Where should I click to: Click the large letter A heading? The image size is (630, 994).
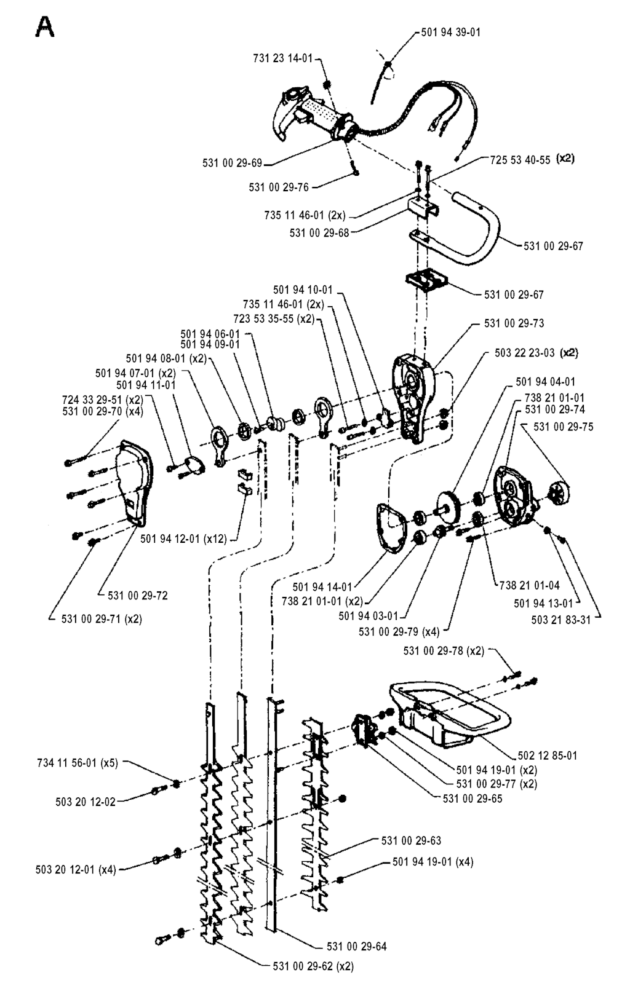[44, 27]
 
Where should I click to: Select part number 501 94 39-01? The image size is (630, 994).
[451, 32]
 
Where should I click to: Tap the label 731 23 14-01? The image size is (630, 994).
[282, 58]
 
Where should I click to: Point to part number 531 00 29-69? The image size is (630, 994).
[232, 163]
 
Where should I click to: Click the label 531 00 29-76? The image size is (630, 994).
[279, 187]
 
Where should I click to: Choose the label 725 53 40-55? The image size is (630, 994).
[520, 160]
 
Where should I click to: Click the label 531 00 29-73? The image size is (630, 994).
[514, 323]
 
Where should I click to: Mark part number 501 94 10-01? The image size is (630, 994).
[303, 290]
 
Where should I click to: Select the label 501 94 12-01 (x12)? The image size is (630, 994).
[183, 539]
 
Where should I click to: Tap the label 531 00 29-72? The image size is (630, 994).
[137, 596]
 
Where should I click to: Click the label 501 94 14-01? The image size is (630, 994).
[322, 587]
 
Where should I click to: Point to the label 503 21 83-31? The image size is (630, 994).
[560, 620]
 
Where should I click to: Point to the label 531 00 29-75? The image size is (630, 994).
[564, 427]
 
